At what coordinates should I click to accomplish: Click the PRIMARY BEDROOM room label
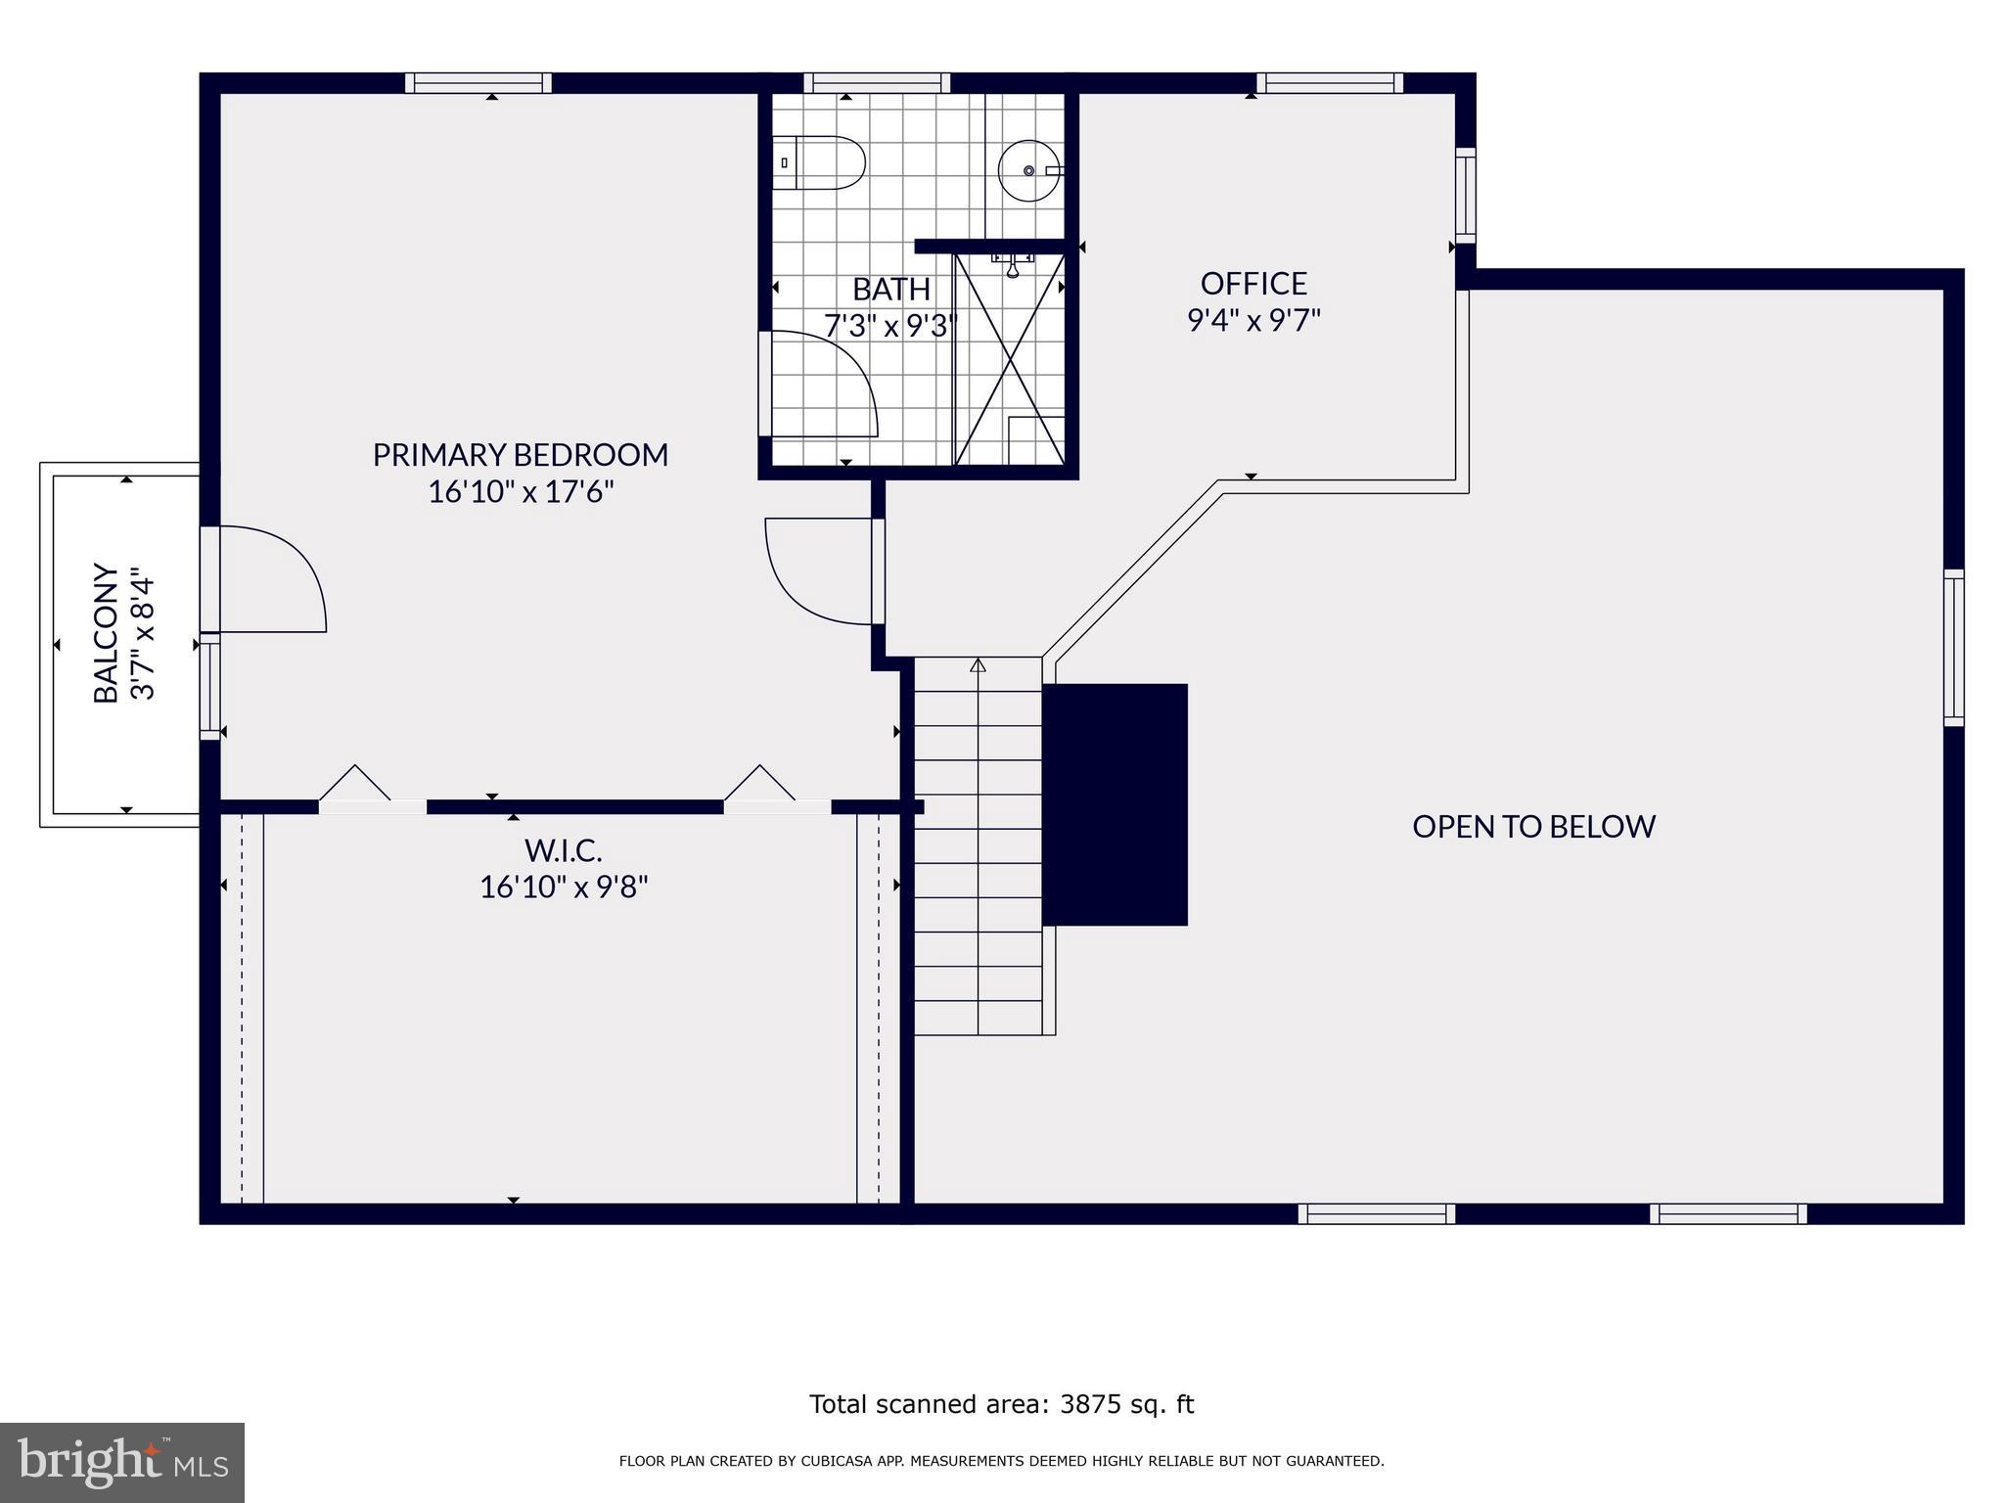(x=520, y=455)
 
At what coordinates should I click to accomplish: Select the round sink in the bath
(x=1028, y=170)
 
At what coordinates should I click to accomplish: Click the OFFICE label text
(x=1253, y=284)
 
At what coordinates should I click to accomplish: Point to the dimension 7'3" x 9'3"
(x=888, y=325)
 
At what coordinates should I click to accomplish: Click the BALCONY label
(x=106, y=632)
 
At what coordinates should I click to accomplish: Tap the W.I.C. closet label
(x=563, y=849)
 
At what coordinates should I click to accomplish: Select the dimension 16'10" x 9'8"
(x=564, y=888)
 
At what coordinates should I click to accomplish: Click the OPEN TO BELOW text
(x=1533, y=827)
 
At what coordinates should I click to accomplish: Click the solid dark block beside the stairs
(x=1116, y=804)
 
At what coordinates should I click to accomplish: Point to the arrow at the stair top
(x=978, y=666)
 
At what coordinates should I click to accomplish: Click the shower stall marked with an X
(x=1010, y=359)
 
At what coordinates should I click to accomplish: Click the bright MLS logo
(x=121, y=1463)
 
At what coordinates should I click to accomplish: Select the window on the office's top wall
(x=1329, y=83)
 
